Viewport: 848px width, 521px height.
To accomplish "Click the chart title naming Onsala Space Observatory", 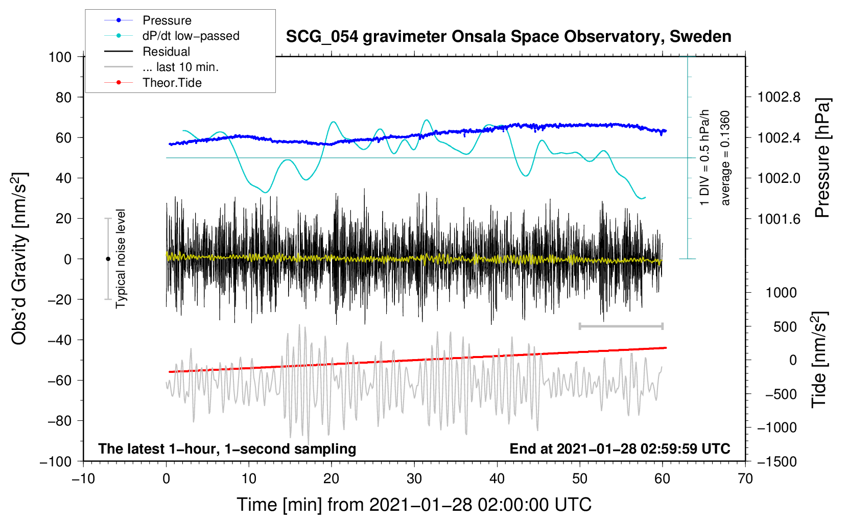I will (508, 37).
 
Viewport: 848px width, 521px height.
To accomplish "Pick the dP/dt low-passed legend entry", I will (191, 36).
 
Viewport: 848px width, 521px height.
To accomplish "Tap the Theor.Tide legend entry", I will (172, 83).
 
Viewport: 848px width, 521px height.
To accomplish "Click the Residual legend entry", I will (166, 52).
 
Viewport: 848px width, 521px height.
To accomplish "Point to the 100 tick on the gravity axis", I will (60, 57).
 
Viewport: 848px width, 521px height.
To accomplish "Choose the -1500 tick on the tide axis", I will (777, 461).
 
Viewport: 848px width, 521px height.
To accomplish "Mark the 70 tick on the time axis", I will (745, 479).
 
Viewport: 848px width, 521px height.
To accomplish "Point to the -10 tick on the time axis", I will (83, 479).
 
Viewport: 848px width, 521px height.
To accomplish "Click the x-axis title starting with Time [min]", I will (414, 505).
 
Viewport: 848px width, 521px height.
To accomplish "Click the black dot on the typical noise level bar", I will (108, 259).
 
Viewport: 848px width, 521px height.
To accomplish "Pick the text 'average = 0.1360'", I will (725, 158).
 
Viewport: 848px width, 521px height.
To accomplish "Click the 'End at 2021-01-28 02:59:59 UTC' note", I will (620, 448).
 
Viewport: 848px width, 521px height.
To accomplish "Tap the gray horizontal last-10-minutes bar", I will (621, 326).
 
